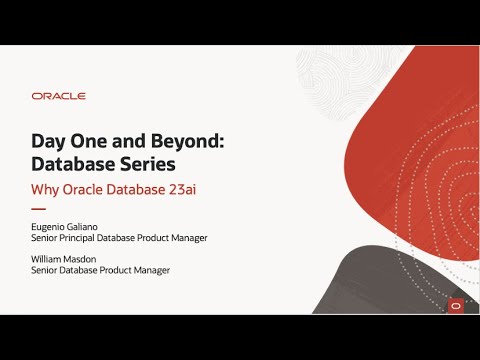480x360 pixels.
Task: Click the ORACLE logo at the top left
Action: point(59,96)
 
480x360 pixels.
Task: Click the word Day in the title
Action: point(51,142)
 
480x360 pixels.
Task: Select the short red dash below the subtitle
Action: point(39,209)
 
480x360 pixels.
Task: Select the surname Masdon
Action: point(95,258)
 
